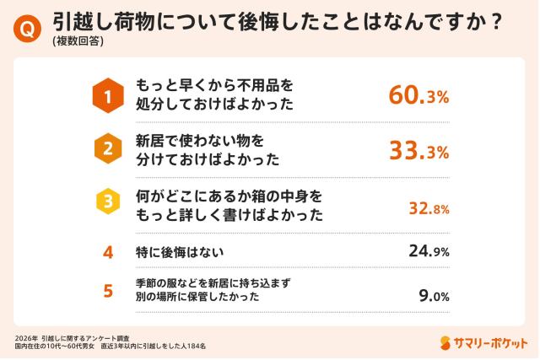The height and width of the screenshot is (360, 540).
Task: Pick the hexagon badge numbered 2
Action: [107, 148]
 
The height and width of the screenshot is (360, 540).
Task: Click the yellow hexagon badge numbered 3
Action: [107, 202]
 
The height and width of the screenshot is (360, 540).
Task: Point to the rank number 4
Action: [107, 251]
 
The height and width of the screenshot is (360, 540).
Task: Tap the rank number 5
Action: [107, 291]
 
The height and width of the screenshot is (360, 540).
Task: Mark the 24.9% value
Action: [429, 251]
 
